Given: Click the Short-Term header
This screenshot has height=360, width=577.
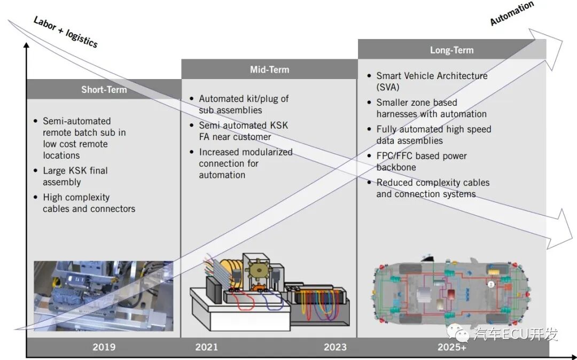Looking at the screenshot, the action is pyautogui.click(x=104, y=89).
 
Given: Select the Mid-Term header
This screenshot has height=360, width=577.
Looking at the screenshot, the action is pyautogui.click(x=269, y=69).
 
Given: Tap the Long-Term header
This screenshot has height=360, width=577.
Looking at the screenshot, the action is pyautogui.click(x=452, y=50).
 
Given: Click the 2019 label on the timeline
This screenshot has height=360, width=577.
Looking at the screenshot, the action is pyautogui.click(x=104, y=347).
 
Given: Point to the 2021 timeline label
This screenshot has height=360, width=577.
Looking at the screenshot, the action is pyautogui.click(x=206, y=347).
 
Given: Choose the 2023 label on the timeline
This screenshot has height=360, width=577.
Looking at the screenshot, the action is pyautogui.click(x=335, y=347).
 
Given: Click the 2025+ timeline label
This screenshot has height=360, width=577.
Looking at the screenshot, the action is pyautogui.click(x=452, y=347).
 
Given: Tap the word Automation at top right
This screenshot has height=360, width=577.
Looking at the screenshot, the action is pyautogui.click(x=512, y=13).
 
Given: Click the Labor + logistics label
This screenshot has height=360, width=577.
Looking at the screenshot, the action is pyautogui.click(x=66, y=32).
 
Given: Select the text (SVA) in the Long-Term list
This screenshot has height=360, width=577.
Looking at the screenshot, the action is pyautogui.click(x=387, y=88).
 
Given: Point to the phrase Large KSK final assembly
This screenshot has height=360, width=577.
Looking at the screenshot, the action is pyautogui.click(x=75, y=176).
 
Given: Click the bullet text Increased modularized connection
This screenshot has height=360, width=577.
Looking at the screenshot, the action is pyautogui.click(x=245, y=158).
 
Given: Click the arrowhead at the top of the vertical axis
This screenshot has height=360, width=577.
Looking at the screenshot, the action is pyautogui.click(x=26, y=45).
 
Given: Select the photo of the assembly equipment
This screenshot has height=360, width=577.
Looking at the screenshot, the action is pyautogui.click(x=104, y=296).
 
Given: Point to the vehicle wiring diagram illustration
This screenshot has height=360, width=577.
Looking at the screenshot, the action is pyautogui.click(x=451, y=291).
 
